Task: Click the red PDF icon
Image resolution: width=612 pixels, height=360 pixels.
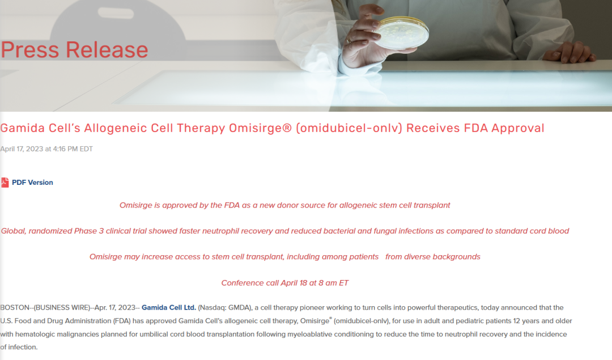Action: click(5, 183)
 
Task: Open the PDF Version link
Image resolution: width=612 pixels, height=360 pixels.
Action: click(32, 183)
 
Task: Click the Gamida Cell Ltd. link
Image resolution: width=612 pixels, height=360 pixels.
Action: click(169, 308)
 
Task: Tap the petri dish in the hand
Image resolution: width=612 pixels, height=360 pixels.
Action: click(401, 33)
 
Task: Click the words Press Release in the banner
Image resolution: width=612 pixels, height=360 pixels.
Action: click(75, 49)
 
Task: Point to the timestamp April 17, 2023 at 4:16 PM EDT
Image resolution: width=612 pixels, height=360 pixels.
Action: click(46, 149)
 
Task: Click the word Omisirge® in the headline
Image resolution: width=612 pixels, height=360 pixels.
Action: click(260, 128)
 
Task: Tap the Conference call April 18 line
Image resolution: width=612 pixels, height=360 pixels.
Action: click(285, 283)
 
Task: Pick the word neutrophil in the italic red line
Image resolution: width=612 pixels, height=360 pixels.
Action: click(220, 231)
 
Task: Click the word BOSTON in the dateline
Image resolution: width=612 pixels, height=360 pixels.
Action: click(15, 308)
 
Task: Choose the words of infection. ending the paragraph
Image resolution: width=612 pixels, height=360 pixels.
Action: click(19, 347)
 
